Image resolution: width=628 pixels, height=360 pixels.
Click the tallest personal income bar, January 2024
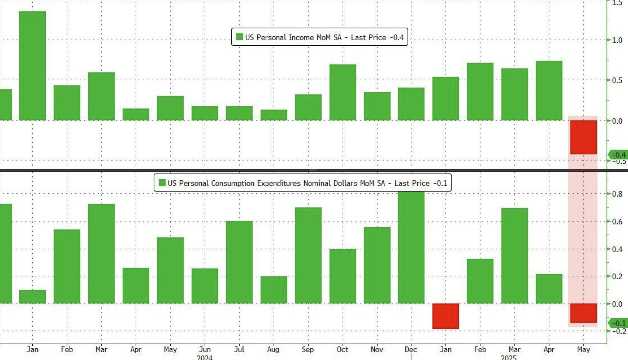click(x=32, y=66)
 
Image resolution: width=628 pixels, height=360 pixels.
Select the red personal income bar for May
click(x=583, y=137)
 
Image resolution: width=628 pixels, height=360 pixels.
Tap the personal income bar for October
click(x=343, y=92)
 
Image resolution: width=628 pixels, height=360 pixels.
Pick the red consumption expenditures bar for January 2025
click(x=446, y=316)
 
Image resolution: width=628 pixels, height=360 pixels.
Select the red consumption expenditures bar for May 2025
click(x=583, y=313)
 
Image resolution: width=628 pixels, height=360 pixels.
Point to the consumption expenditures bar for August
click(x=274, y=290)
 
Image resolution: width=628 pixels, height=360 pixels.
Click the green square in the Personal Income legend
click(x=240, y=37)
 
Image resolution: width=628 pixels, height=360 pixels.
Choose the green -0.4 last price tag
click(x=617, y=155)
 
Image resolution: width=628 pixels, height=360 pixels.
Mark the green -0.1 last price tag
click(x=617, y=323)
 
